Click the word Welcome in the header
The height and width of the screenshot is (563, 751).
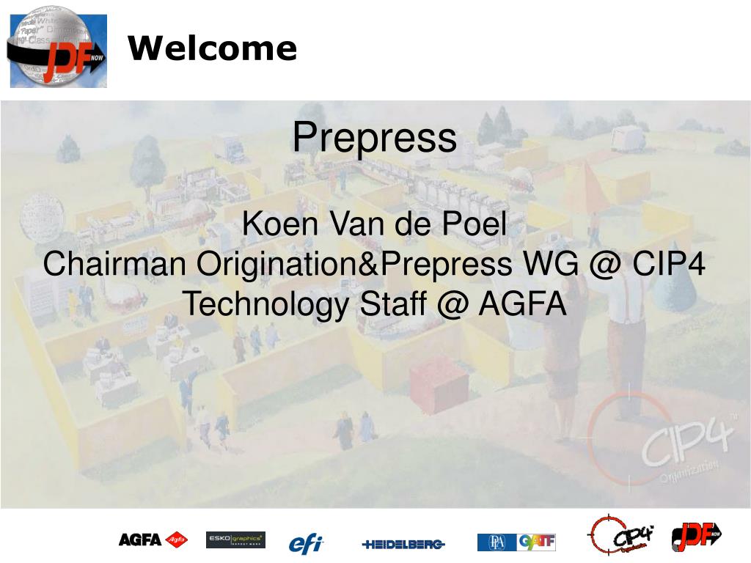point(212,49)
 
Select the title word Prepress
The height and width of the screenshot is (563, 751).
point(374,138)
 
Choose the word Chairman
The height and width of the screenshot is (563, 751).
point(114,264)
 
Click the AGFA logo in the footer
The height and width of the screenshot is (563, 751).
point(153,540)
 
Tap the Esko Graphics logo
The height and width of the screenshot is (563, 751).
point(235,540)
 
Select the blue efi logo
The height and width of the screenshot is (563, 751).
point(305,543)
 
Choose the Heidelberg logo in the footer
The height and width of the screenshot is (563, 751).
point(403,544)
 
